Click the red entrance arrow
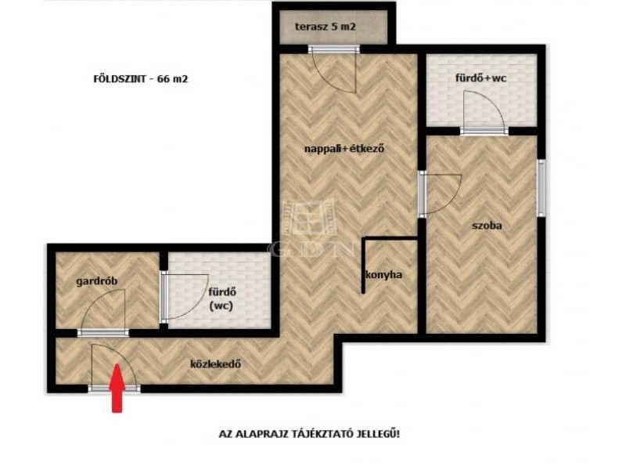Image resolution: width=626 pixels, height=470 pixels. [117, 388]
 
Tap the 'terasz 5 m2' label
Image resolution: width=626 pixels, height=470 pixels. [326, 27]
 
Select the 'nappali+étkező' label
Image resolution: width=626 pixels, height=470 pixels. [344, 149]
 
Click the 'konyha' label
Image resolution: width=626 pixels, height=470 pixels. [384, 275]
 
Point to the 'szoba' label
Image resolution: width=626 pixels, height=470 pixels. [487, 226]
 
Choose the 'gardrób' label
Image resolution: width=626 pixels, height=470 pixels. [97, 281]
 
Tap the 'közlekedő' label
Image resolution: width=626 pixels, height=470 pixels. [216, 364]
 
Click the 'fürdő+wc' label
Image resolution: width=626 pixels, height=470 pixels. [480, 78]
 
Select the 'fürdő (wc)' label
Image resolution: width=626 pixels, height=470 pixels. [221, 299]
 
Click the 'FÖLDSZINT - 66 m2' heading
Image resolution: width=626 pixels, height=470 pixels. [141, 79]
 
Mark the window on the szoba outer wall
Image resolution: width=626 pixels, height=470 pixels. [541, 188]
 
